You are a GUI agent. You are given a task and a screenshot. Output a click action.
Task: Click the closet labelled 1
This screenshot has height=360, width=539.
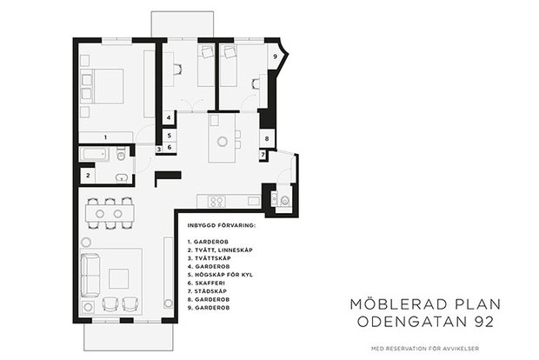pos(105,137)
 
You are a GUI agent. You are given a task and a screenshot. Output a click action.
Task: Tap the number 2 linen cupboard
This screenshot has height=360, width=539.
pos(88,176)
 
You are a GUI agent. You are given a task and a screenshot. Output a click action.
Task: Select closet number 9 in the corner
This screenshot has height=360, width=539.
pos(275,57)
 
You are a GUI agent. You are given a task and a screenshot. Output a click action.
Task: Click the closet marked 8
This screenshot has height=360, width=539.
pos(267,138)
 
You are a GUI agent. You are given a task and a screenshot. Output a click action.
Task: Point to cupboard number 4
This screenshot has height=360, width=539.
pos(169,117)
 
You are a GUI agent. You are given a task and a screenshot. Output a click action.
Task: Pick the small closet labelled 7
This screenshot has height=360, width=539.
pos(263,155)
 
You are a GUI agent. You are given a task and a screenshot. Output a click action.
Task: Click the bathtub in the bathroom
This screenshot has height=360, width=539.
pos(95,154)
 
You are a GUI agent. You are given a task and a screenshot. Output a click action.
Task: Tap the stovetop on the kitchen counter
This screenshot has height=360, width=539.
pos(216,202)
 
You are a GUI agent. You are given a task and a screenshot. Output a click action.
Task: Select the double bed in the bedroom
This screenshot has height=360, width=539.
pos(102,86)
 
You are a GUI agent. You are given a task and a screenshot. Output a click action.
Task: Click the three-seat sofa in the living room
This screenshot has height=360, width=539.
pos(90,275)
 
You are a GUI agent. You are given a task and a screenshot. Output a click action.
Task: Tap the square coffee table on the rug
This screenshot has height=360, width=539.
pos(119,279)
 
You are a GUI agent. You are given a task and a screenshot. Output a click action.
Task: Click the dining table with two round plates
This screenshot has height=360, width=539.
pos(110,214)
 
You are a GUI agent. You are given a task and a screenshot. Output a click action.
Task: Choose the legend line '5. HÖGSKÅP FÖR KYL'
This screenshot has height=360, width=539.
pos(220,275)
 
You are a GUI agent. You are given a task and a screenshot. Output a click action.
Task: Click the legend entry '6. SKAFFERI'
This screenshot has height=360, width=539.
pos(206,283)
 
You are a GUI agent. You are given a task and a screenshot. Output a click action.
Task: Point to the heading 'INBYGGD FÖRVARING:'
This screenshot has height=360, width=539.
pos(222,225)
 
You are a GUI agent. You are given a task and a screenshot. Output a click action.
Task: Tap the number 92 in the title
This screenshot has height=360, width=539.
pos(484,322)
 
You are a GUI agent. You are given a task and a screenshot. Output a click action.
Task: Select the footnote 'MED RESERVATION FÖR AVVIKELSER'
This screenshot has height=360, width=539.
pos(425,349)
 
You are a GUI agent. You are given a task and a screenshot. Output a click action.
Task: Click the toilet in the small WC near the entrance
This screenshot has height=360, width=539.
pos(284,200)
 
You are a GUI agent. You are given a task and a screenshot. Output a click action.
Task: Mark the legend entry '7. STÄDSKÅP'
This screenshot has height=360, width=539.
pos(207,291)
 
